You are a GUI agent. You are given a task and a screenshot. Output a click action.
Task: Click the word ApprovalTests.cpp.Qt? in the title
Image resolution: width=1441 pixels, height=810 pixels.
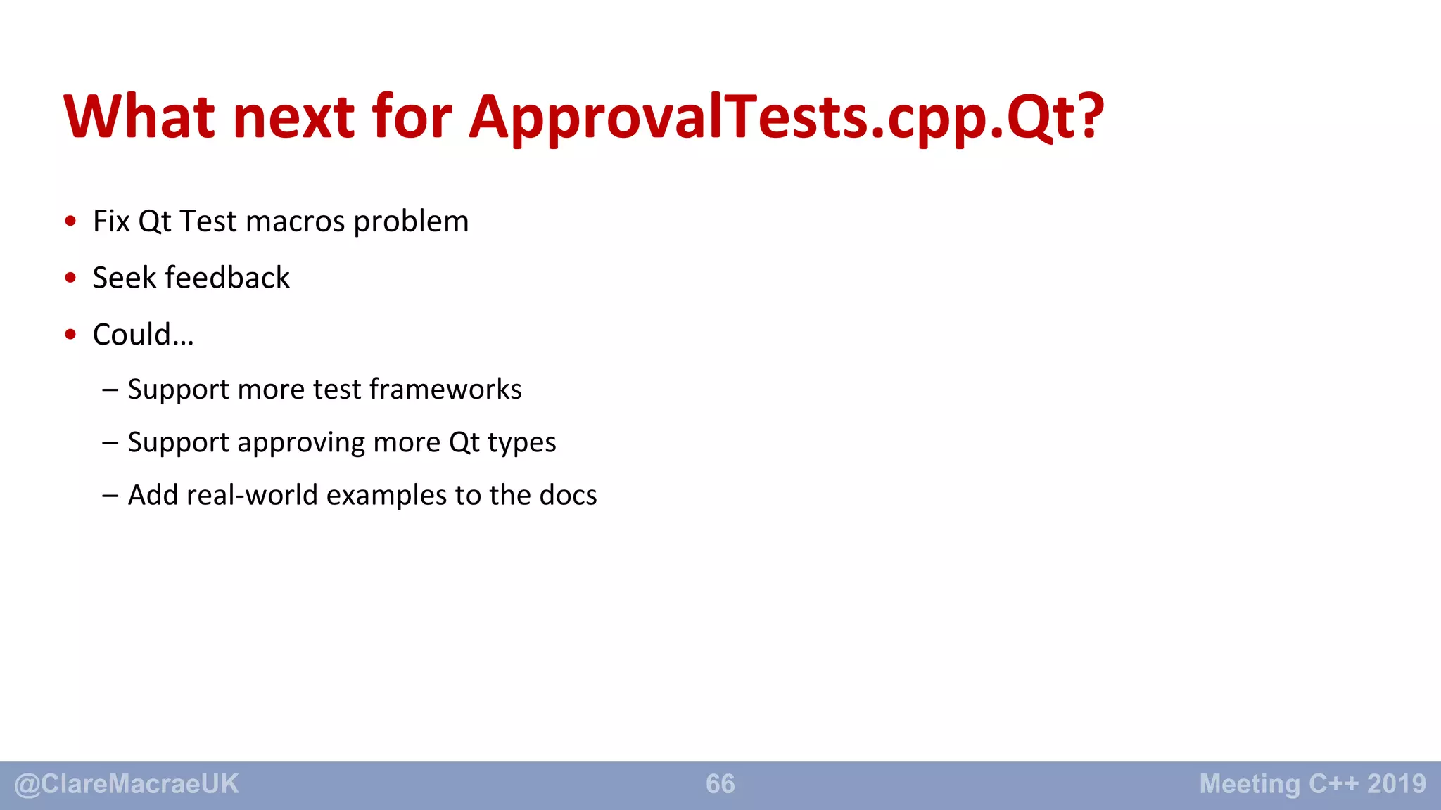coord(786,117)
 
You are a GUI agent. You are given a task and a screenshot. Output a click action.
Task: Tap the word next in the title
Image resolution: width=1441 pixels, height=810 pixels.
coord(293,117)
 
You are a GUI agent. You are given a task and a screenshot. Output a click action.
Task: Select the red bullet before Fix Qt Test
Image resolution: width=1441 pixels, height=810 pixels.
coord(70,221)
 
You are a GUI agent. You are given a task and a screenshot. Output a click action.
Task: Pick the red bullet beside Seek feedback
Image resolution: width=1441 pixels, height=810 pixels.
coord(70,278)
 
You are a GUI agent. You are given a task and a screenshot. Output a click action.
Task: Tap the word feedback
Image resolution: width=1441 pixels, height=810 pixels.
coord(227,278)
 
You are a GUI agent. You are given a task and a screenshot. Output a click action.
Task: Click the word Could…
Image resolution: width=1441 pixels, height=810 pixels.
coord(143,335)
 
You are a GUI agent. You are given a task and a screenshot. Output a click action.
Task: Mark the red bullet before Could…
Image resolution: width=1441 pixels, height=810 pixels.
coord(70,335)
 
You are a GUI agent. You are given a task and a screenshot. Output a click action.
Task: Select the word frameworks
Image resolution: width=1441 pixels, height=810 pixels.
coord(445,389)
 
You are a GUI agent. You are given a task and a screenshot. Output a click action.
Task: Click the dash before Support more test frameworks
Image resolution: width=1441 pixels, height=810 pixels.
coord(110,390)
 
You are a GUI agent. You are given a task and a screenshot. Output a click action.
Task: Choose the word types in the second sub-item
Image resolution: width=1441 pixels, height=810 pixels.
coord(521,443)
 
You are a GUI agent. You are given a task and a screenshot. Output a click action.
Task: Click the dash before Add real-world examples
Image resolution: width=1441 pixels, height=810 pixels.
coord(110,496)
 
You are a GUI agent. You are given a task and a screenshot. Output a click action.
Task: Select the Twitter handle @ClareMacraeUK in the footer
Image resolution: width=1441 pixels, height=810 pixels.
coord(127,784)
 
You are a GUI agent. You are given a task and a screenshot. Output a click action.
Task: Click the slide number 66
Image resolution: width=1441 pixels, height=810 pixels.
coord(720,784)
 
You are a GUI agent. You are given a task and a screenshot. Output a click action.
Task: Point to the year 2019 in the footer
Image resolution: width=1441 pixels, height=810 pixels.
coord(1397,784)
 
